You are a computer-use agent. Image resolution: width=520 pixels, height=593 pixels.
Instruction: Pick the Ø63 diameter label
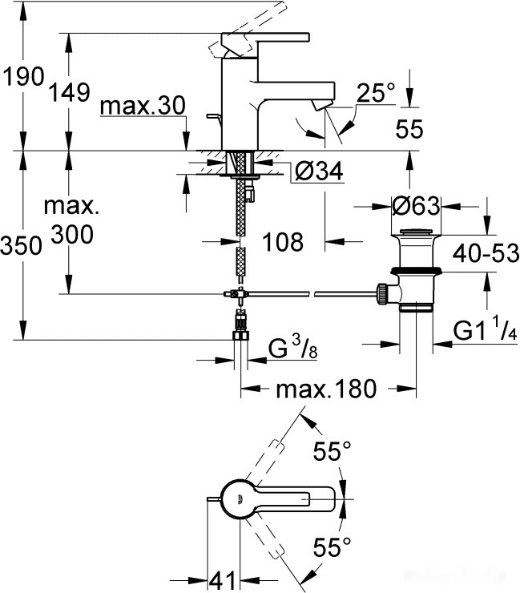click(x=417, y=206)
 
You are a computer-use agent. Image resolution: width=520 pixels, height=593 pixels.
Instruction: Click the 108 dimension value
click(x=282, y=240)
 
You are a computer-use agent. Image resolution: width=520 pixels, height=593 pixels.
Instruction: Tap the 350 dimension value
click(x=22, y=246)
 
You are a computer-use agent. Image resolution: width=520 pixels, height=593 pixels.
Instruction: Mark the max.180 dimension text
click(x=325, y=389)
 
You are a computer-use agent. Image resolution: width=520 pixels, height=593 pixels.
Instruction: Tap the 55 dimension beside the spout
click(x=409, y=129)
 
